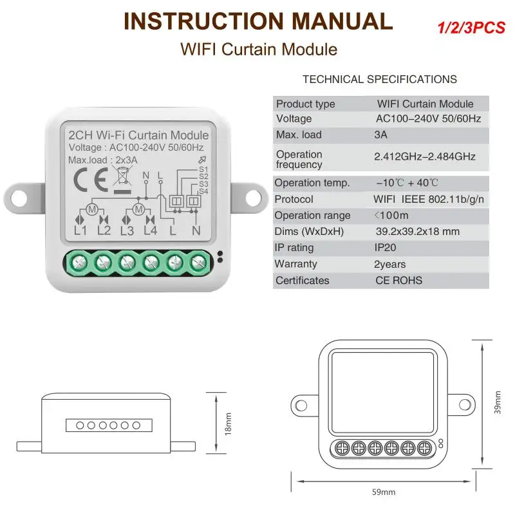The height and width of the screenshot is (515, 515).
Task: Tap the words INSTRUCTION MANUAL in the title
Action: [257, 21]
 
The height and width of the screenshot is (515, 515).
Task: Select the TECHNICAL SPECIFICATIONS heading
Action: [380, 79]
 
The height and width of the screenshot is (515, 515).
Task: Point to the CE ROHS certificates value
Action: [399, 281]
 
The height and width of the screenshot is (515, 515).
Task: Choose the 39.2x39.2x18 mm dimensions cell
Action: [417, 231]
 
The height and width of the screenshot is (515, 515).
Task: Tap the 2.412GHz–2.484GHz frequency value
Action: [425, 156]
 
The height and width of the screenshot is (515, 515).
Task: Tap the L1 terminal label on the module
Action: [81, 230]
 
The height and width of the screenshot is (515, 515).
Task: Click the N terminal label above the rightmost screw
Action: [197, 230]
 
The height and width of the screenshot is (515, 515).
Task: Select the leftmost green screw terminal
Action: [79, 261]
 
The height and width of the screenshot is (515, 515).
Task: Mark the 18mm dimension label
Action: [228, 424]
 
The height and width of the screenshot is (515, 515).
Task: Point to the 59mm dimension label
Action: [384, 492]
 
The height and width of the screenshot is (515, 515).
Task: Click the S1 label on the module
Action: [203, 169]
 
